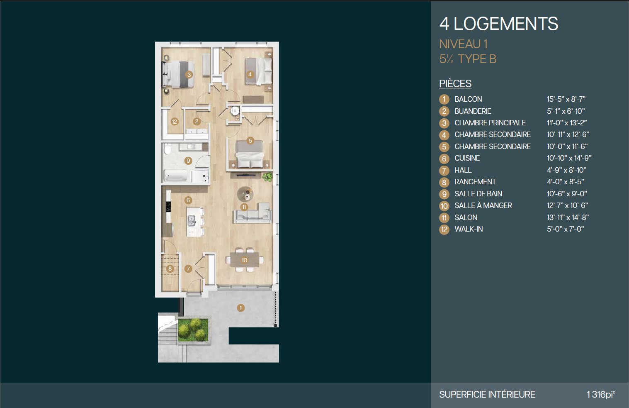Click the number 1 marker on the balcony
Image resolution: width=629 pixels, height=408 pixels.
click(240, 308)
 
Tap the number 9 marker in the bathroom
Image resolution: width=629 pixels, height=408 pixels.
click(188, 161)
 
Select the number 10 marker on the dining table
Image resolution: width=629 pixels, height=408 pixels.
click(244, 260)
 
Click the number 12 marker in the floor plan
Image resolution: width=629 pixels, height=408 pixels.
click(175, 122)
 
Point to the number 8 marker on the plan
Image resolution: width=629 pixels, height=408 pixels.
click(170, 269)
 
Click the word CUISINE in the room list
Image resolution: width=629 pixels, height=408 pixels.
click(467, 158)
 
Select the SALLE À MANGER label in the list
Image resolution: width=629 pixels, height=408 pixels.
click(483, 205)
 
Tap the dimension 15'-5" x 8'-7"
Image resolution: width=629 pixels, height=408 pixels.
click(566, 99)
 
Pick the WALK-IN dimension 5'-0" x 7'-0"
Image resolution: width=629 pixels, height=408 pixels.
click(565, 229)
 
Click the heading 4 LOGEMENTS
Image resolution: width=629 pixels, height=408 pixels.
click(499, 24)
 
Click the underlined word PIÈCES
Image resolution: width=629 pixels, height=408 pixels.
click(455, 83)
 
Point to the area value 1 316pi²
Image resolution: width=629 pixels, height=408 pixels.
click(601, 394)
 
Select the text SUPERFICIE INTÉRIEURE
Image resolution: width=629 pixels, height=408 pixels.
click(487, 394)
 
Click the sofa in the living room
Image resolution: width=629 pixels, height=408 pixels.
click(252, 213)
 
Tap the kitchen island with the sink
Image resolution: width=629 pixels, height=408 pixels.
click(195, 222)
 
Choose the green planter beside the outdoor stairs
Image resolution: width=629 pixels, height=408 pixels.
click(193, 330)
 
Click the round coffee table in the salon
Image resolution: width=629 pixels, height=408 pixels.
click(245, 194)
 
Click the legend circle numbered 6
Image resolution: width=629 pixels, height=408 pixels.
click(444, 158)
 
